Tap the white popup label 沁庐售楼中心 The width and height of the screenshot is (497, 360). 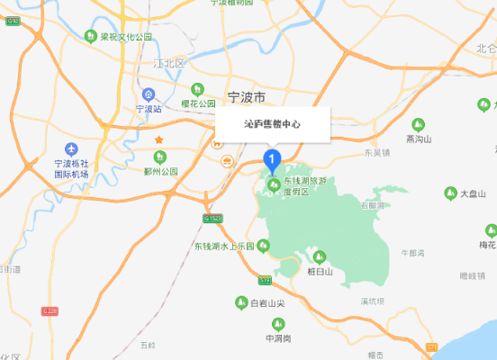point(272,125)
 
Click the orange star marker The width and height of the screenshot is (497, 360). point(158,139)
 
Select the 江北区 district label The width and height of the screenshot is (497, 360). point(167,65)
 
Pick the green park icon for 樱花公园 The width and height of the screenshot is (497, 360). point(197,88)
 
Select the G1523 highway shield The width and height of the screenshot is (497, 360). point(213,218)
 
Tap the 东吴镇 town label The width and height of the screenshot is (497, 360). point(377,153)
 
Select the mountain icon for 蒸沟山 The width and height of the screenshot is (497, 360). point(418,124)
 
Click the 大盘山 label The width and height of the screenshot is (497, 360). point(474,193)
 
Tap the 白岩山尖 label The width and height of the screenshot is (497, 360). point(267,303)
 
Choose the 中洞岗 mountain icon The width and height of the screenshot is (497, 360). point(277,324)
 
